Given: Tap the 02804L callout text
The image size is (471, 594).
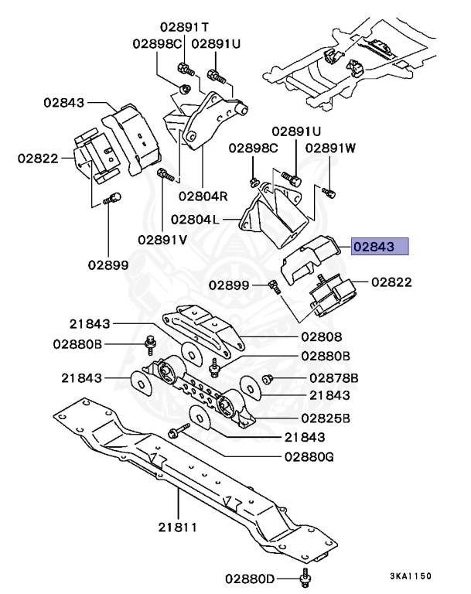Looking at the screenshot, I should coord(195,220).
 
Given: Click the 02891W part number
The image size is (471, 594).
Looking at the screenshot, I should coord(330,147).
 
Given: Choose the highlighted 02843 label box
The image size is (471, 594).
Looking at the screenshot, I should coord(379,247).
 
